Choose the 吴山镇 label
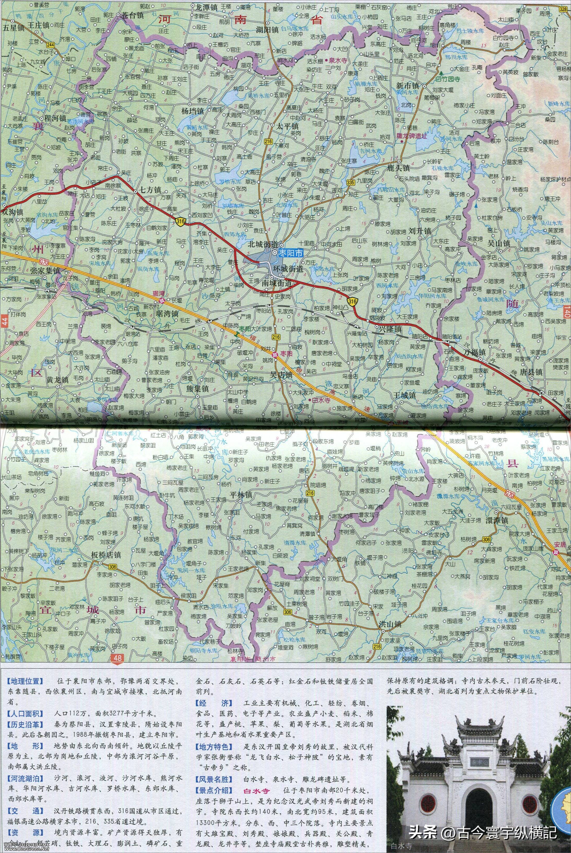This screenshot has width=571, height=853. click(499, 243)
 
